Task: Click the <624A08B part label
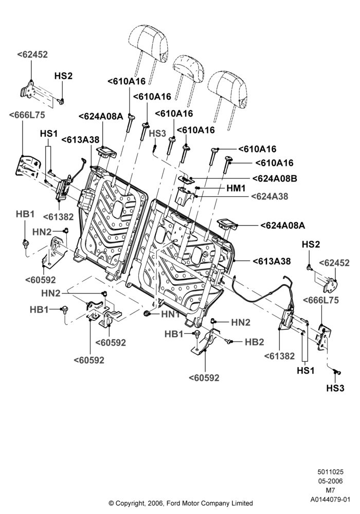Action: (x=275, y=179)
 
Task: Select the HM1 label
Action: (x=236, y=188)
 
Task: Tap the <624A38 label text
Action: (x=269, y=196)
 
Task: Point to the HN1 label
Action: (x=170, y=314)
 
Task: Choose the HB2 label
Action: (x=255, y=342)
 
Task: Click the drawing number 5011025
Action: (x=330, y=472)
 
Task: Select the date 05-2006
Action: (x=330, y=481)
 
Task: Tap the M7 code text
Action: (x=330, y=490)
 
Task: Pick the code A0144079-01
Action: (x=330, y=500)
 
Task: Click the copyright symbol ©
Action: (x=111, y=503)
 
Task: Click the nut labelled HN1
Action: (x=147, y=314)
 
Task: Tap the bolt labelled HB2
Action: (x=228, y=342)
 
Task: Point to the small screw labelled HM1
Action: (x=197, y=188)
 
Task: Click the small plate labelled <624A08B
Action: (x=185, y=178)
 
